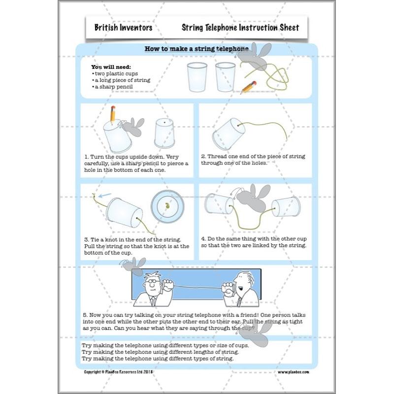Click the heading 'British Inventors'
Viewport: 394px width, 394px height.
point(123,28)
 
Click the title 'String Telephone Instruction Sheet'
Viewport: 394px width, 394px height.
point(240,28)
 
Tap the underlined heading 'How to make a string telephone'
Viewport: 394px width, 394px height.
point(196,49)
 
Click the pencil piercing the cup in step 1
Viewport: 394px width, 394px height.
point(113,114)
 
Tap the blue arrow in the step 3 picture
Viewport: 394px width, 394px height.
point(103,196)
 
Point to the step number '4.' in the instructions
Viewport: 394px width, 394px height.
point(203,238)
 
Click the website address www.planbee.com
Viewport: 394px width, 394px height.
point(293,372)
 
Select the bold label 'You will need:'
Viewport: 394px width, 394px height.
point(111,66)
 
